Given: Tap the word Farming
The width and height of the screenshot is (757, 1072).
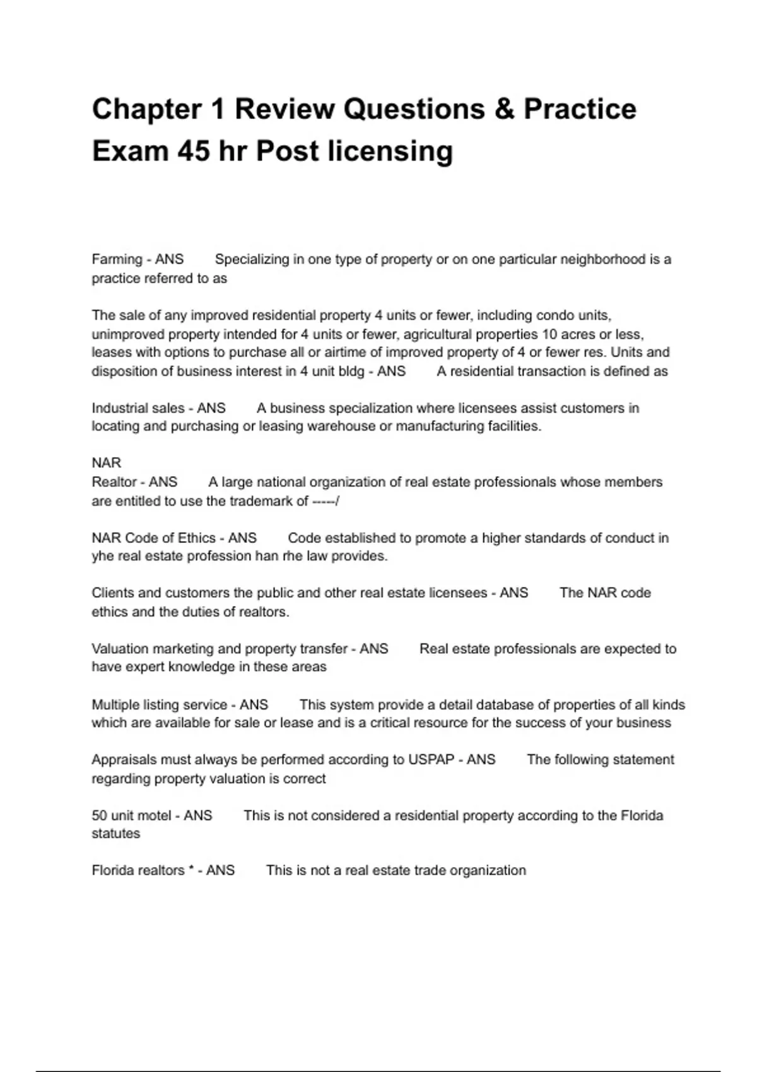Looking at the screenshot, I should [x=117, y=259].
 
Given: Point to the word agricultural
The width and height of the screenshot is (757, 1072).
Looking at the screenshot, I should [x=438, y=334].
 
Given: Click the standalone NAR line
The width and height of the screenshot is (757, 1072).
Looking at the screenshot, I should [x=106, y=463].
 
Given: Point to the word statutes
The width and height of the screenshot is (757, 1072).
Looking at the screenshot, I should [x=115, y=834].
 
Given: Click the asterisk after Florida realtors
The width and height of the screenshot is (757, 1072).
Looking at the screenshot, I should [x=191, y=870].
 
